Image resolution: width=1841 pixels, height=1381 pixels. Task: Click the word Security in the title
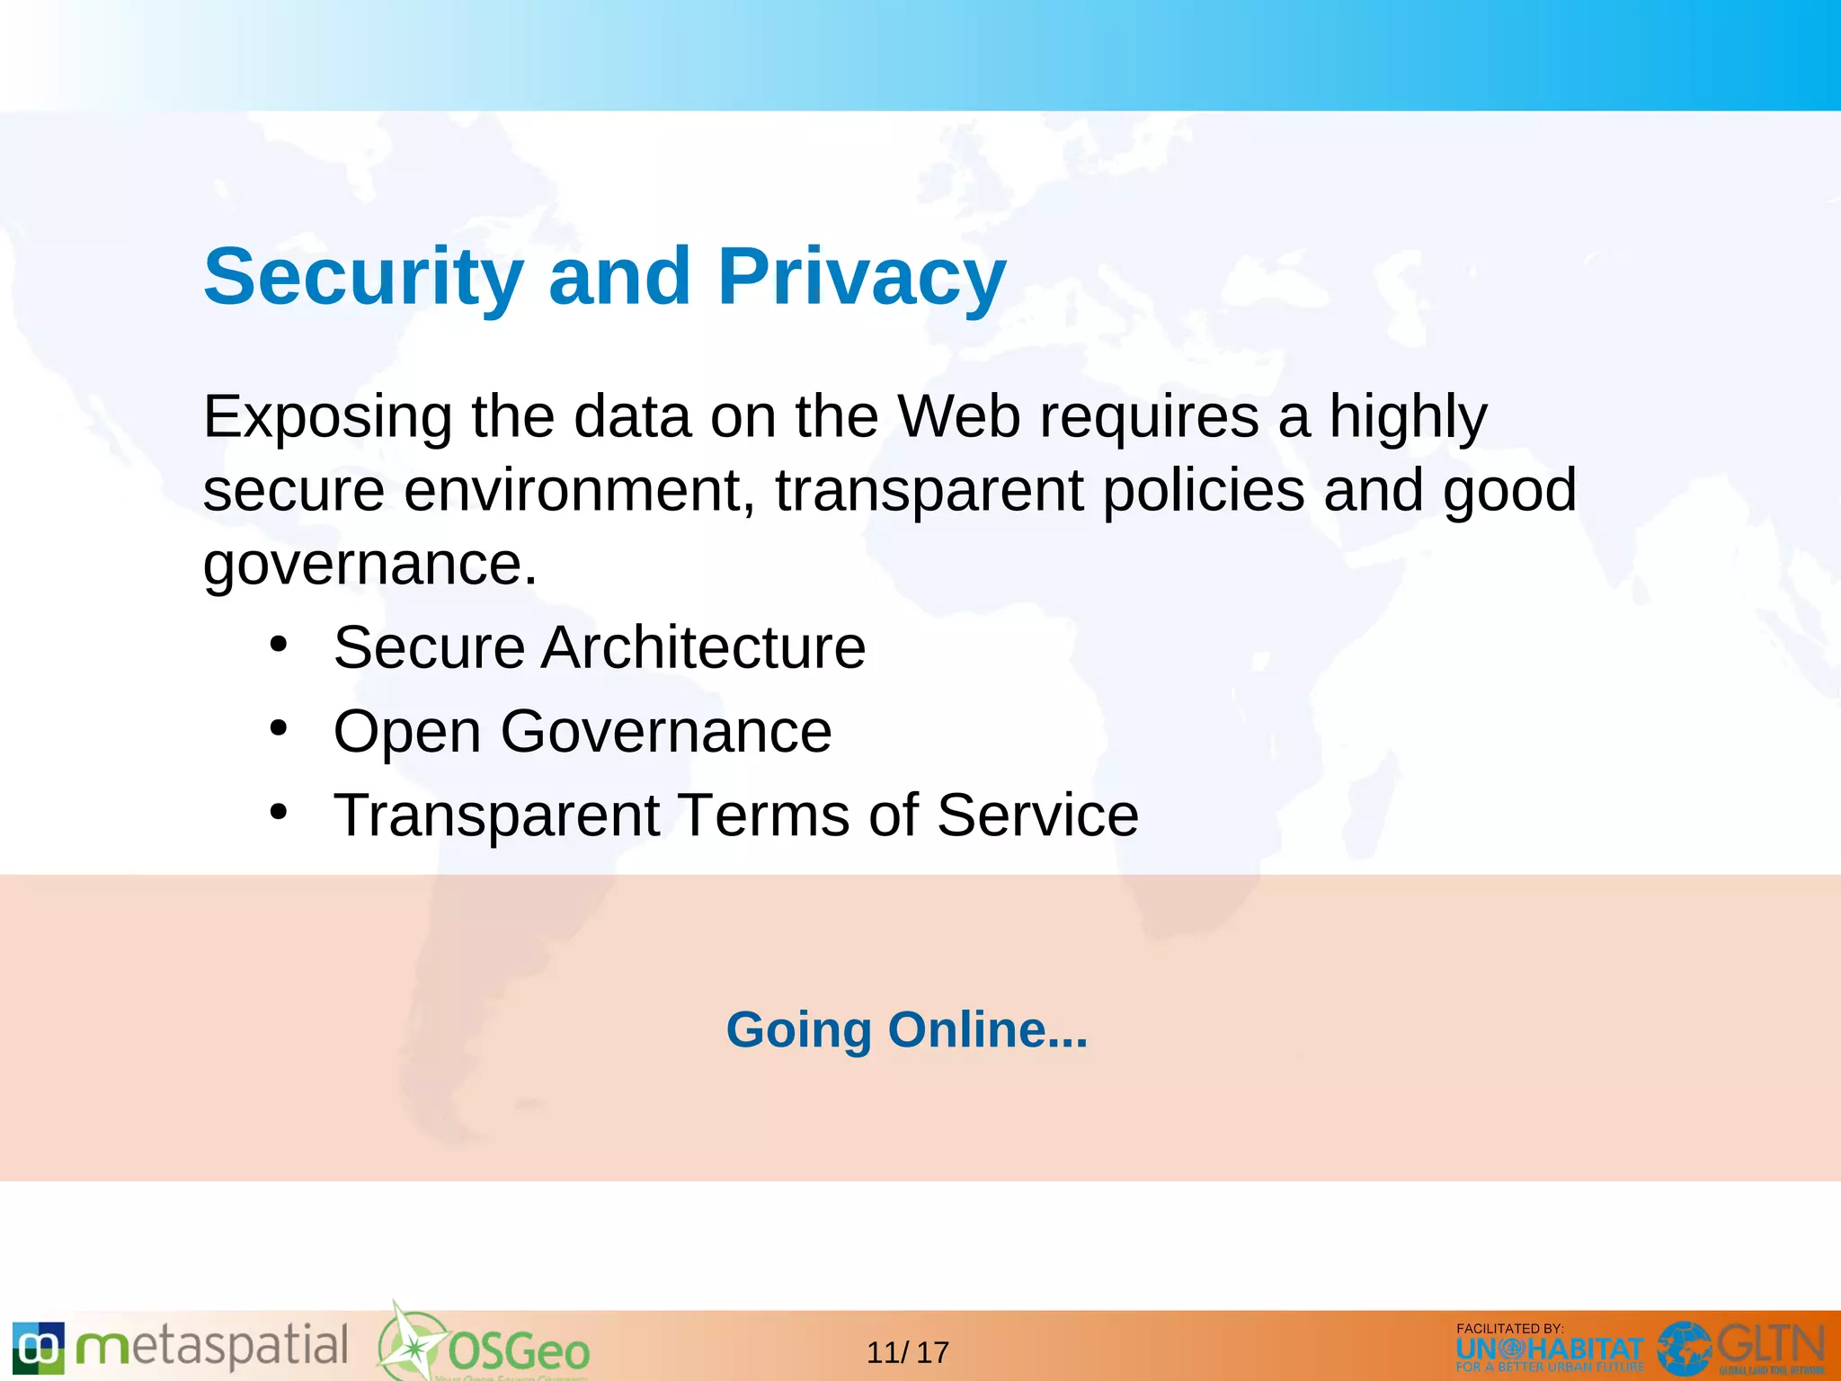(363, 277)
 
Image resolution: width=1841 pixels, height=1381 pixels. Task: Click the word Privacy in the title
(861, 277)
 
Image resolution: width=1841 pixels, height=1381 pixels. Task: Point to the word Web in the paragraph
(959, 417)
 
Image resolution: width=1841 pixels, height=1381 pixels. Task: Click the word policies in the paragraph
(1204, 491)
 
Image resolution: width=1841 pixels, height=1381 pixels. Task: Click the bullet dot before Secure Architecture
(279, 645)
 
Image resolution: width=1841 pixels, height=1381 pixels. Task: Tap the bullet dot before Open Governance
(279, 728)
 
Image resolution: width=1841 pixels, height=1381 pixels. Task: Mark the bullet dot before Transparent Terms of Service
(279, 812)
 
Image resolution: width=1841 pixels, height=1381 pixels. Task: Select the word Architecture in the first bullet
(703, 647)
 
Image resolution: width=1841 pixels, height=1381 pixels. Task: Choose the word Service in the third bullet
(1037, 815)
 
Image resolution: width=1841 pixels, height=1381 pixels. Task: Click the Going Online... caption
(907, 1029)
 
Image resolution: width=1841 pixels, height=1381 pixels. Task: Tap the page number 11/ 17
(908, 1352)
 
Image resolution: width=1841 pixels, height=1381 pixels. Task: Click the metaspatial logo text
(212, 1347)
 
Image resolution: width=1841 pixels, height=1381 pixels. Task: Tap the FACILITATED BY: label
(1509, 1328)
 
